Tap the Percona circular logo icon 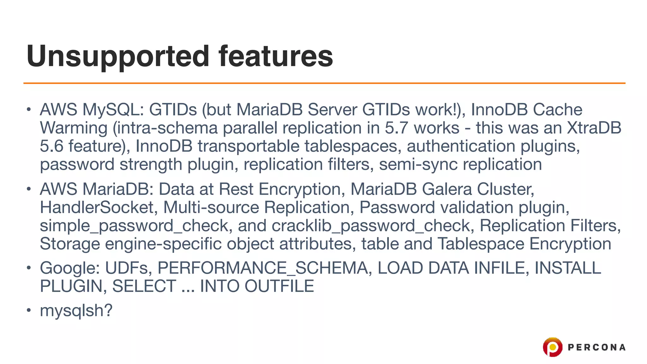[x=553, y=347]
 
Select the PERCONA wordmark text [x=596, y=348]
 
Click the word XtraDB [x=594, y=128]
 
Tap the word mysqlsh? [x=76, y=310]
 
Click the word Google [x=70, y=268]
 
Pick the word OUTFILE [x=279, y=286]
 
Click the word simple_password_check [x=134, y=226]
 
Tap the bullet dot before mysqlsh [x=29, y=310]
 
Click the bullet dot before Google [x=29, y=268]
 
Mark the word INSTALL [x=568, y=268]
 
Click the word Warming [x=74, y=128]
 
